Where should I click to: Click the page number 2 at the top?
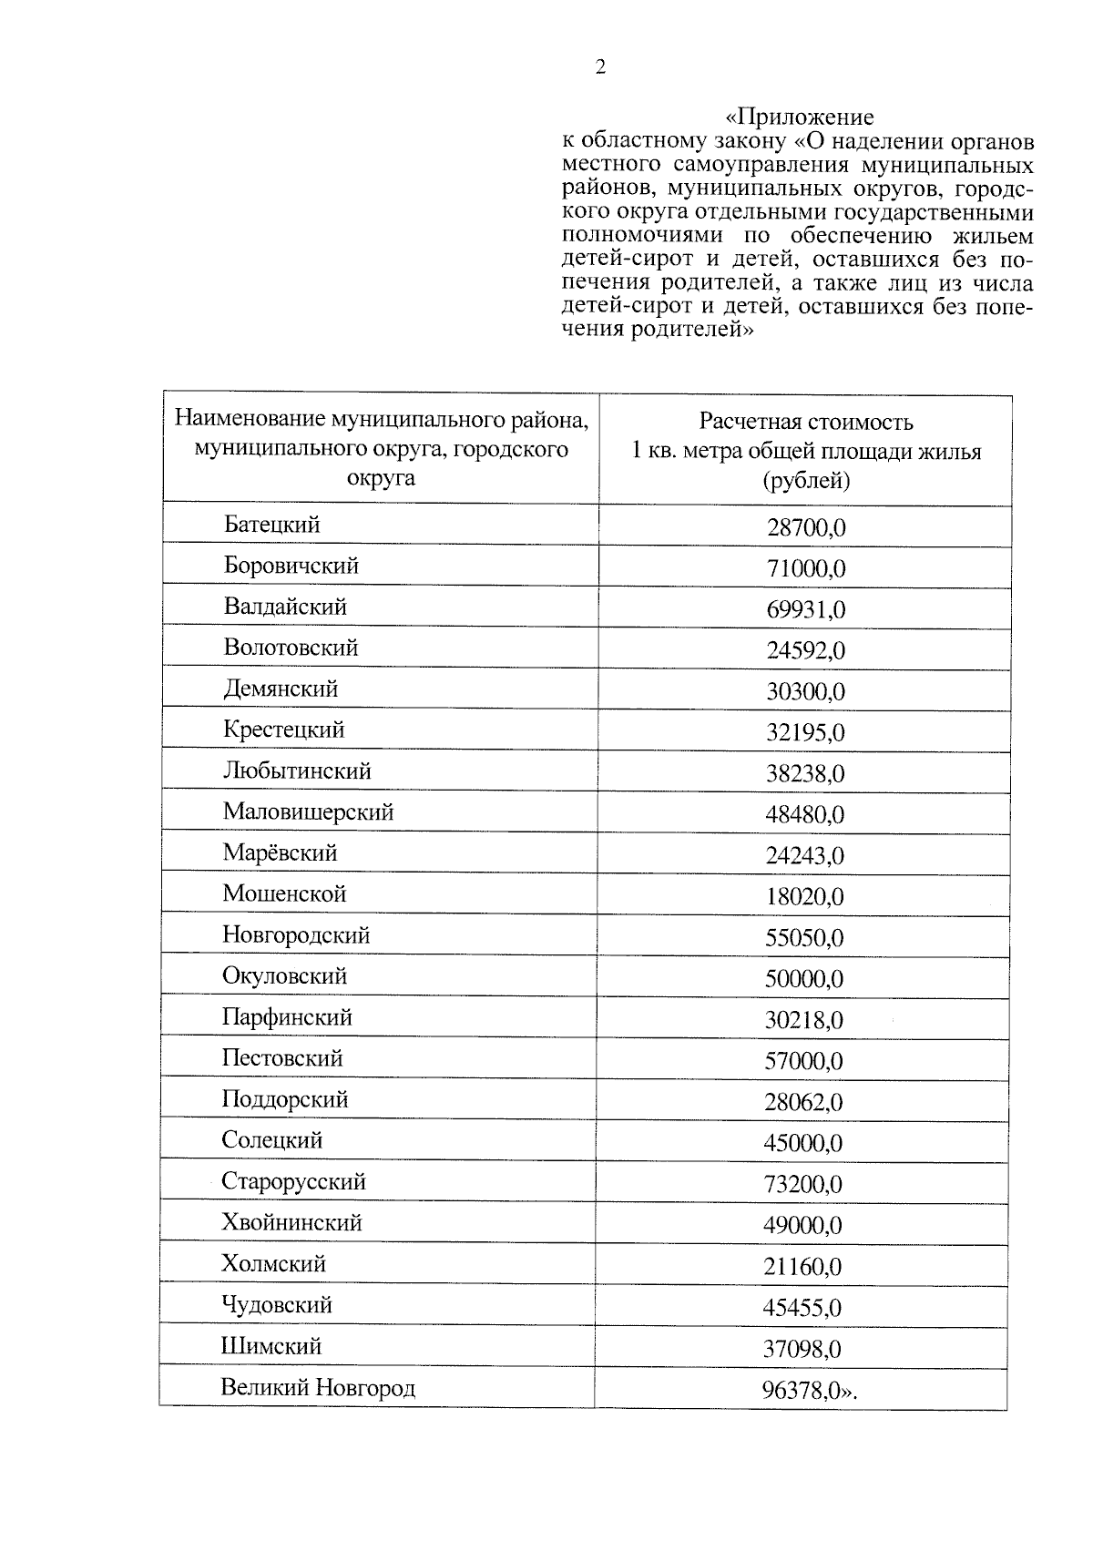click(x=599, y=67)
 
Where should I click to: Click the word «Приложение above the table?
click(x=799, y=117)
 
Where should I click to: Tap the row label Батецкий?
click(x=272, y=525)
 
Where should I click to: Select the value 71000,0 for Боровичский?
click(x=806, y=568)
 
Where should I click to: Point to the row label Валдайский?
click(x=285, y=607)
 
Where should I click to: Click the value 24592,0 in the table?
click(x=806, y=650)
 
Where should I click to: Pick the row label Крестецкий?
click(x=284, y=730)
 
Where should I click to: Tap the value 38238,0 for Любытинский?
click(x=805, y=773)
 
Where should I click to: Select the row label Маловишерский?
click(x=308, y=811)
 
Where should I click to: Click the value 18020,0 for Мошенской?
click(x=805, y=896)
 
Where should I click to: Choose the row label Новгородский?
click(x=296, y=935)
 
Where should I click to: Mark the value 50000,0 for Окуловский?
click(x=804, y=979)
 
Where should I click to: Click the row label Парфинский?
click(x=287, y=1017)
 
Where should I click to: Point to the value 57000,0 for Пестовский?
click(x=804, y=1061)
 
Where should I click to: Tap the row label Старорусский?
click(x=293, y=1182)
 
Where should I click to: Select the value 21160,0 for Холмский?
click(x=802, y=1267)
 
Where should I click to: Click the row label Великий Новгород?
click(x=318, y=1388)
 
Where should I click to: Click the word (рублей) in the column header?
click(x=806, y=480)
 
